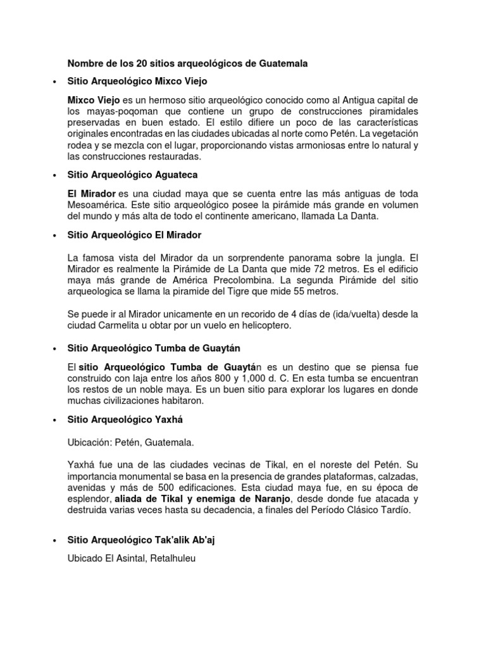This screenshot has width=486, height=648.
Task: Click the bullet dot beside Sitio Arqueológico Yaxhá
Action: pos(56,420)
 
